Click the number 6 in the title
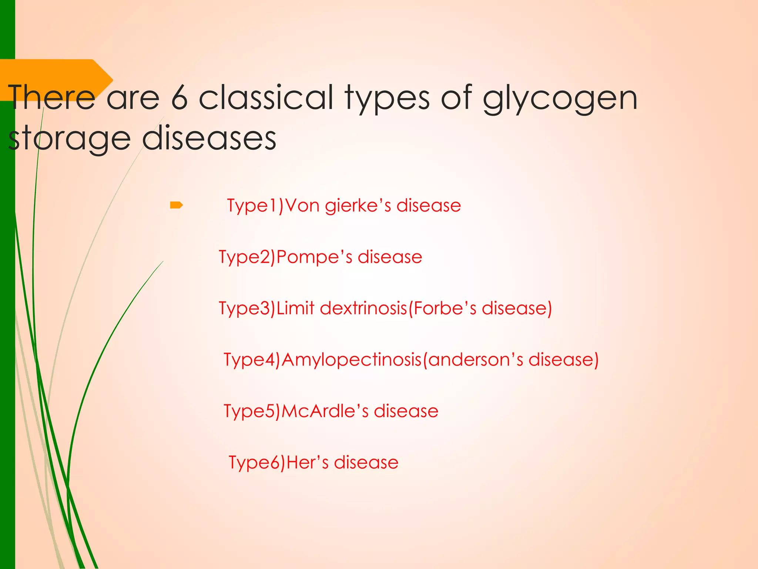[180, 98]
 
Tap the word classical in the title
[266, 97]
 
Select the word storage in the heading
[69, 139]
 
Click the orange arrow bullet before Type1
[176, 205]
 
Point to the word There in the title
[52, 97]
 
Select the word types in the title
[387, 99]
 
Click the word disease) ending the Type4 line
[563, 360]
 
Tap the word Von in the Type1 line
[302, 206]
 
